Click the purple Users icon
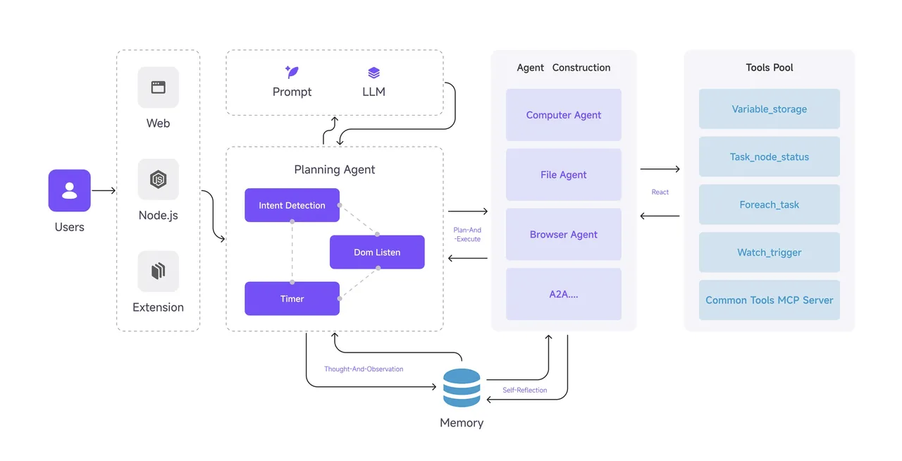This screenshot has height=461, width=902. tap(69, 190)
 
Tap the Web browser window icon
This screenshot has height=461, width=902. tap(159, 87)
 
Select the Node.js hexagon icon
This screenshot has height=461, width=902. tap(159, 179)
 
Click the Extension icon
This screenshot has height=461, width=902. tap(159, 271)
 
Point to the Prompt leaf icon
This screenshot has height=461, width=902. tap(292, 72)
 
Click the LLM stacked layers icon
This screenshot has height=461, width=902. tap(373, 73)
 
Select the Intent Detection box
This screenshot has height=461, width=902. tap(292, 205)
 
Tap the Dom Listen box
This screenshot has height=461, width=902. tap(377, 252)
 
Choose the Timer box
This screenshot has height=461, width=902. tap(292, 299)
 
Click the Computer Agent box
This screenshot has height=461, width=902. tap(563, 115)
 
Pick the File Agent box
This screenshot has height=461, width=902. tap(563, 175)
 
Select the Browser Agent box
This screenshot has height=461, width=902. tap(563, 234)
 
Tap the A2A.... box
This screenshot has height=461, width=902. tap(563, 294)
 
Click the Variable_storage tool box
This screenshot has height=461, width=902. tap(769, 109)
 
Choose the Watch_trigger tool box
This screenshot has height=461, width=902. tap(769, 252)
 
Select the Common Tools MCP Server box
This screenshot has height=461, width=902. tap(769, 300)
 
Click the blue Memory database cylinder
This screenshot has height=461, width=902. tap(462, 388)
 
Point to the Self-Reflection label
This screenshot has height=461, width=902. tap(525, 390)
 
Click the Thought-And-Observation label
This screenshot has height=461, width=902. tap(364, 369)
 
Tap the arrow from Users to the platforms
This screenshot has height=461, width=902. tap(104, 190)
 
